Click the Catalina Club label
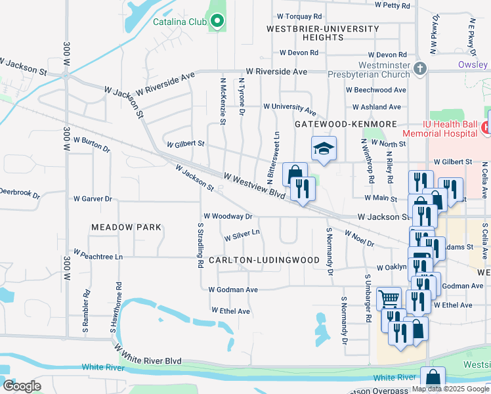coord(179,22)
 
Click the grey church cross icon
coord(421,68)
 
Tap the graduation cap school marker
coord(324,149)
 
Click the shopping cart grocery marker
coord(389,299)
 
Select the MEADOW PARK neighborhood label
coord(126,227)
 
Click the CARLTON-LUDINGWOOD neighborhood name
coord(264,260)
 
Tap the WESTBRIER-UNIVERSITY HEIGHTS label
coord(323,33)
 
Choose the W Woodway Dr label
coord(228,215)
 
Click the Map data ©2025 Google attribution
coord(450,389)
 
